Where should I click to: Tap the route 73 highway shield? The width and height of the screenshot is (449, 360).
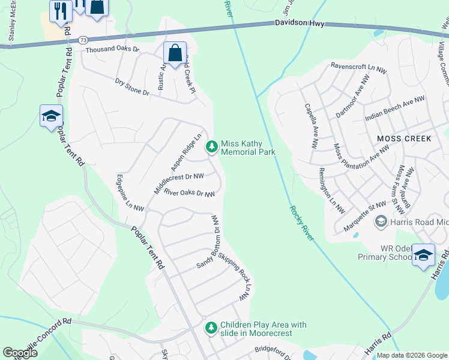coord(81,39)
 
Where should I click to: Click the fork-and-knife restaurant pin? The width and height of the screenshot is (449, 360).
coord(61,11)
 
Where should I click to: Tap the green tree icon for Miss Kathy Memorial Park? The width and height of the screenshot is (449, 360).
coord(211,146)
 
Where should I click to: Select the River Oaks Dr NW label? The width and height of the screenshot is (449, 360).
coord(189,194)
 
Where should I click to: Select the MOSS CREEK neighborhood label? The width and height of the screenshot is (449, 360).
coord(404,139)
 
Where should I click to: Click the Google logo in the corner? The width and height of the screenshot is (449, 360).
coord(20,353)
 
